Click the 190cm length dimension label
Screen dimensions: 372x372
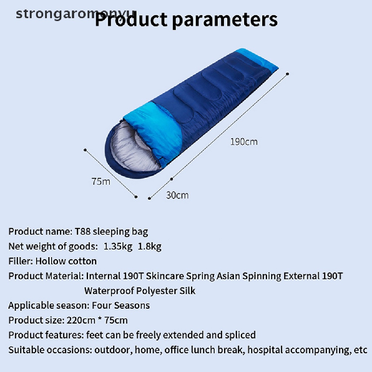click(x=244, y=142)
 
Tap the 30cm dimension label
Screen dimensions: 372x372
click(x=177, y=195)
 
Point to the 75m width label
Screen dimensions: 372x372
click(x=101, y=182)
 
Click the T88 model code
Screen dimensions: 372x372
click(x=82, y=231)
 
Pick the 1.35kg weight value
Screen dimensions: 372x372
click(x=118, y=247)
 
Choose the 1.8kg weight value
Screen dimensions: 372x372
click(x=149, y=247)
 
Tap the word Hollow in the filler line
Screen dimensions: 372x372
click(x=47, y=261)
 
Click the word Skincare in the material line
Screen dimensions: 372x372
click(x=165, y=276)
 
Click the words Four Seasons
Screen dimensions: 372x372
click(x=121, y=305)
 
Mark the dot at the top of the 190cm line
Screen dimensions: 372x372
click(x=288, y=74)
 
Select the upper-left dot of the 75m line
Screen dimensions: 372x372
click(x=85, y=150)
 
